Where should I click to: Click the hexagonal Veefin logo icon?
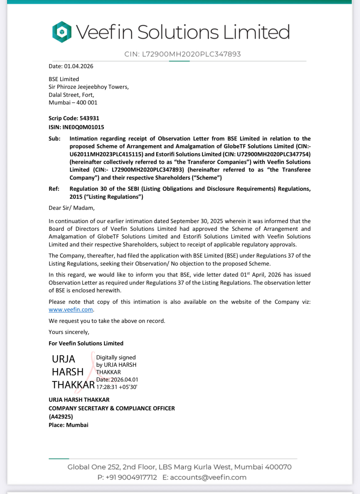point(62,32)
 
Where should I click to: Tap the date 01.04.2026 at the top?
point(78,66)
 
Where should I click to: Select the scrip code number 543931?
point(89,118)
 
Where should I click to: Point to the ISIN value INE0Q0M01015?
point(83,127)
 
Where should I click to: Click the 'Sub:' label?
point(54,139)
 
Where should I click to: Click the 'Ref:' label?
point(54,189)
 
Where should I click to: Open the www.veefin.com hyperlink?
point(71,310)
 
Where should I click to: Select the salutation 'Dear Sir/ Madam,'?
point(72,208)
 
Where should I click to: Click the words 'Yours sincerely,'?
point(69,332)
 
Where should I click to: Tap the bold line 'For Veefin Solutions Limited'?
point(86,343)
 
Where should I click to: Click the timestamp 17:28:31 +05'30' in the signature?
point(117,387)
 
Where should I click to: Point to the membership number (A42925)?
point(61,417)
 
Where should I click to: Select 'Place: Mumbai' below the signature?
point(68,425)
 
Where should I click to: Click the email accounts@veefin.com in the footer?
point(208,477)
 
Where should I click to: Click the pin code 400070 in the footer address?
point(278,467)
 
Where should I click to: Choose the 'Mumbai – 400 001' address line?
point(73,103)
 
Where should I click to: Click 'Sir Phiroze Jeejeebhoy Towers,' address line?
point(89,87)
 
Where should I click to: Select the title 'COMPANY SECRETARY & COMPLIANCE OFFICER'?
point(112,408)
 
